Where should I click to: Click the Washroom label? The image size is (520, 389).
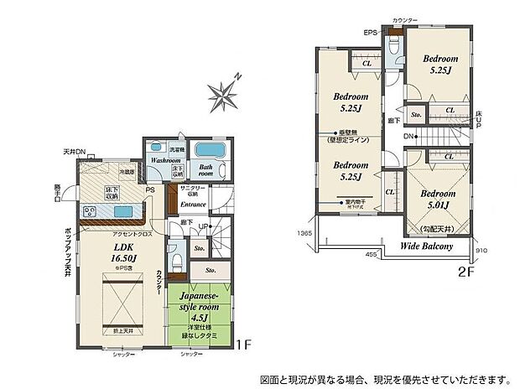[x=165, y=160]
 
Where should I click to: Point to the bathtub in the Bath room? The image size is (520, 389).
[x=208, y=153]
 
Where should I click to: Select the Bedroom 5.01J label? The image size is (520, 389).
[x=432, y=198]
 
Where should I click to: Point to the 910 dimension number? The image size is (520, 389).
[x=481, y=251]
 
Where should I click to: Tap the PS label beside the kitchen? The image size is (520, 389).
[x=150, y=190]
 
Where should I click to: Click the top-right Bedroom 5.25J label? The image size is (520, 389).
[x=439, y=65]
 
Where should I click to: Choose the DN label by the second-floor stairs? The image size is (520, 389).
[x=408, y=137]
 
